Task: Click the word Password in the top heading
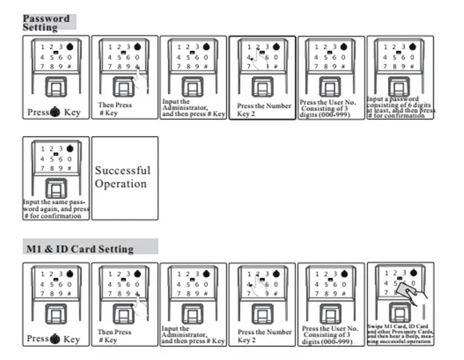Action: pos(46,19)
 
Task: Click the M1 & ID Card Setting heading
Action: pos(79,249)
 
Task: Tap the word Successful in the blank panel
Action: pos(122,170)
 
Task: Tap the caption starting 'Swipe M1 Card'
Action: pos(400,333)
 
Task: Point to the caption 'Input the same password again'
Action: pos(56,208)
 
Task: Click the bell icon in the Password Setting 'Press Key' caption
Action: pos(54,113)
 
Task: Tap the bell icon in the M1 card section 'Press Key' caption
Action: pos(54,339)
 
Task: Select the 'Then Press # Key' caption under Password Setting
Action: pos(115,109)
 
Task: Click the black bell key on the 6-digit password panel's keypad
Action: pos(413,46)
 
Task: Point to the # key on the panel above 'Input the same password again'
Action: pos(70,168)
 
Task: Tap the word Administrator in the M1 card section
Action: pos(184,335)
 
